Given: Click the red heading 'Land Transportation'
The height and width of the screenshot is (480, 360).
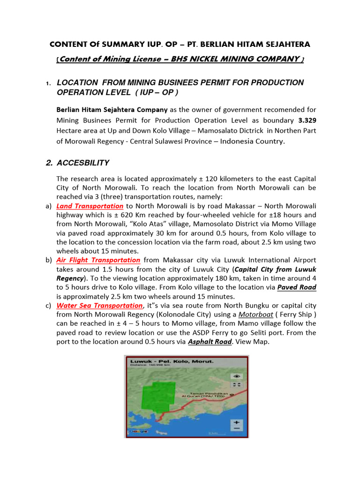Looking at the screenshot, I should (x=90, y=206).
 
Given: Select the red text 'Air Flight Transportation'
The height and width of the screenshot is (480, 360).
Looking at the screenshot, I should (x=98, y=260).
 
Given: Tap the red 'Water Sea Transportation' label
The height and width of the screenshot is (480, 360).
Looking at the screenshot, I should (x=99, y=305).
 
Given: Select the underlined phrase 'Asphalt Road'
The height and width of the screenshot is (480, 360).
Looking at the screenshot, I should (x=210, y=342).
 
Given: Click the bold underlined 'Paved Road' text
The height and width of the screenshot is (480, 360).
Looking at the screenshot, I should (x=297, y=287).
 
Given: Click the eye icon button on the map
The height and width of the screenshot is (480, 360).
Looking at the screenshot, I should (x=237, y=376).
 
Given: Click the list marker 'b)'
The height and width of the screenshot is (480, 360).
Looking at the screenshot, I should (x=49, y=260).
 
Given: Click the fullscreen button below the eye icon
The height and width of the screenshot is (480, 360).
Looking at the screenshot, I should (x=237, y=385).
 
